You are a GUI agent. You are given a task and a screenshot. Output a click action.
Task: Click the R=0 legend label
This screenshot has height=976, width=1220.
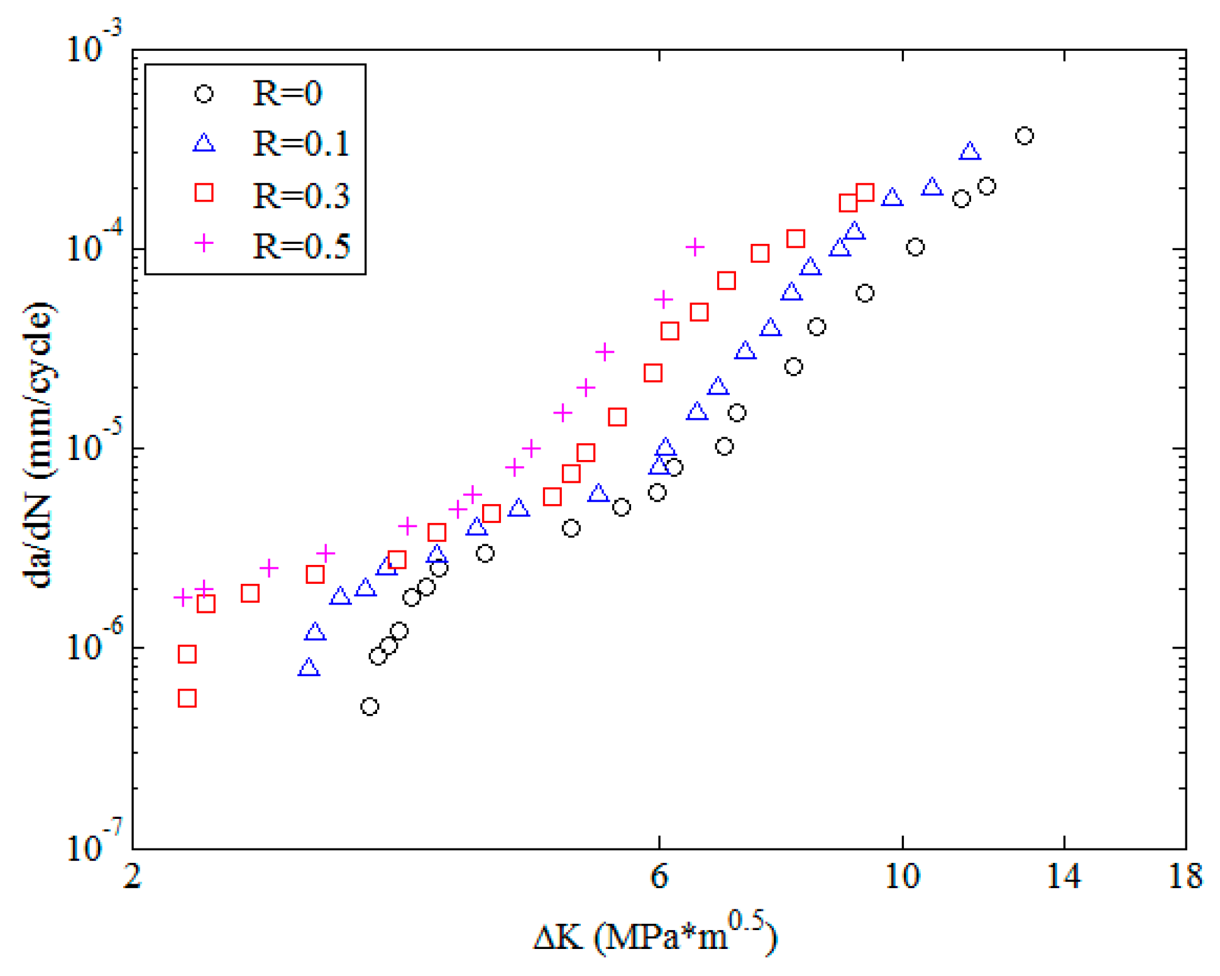pos(287,94)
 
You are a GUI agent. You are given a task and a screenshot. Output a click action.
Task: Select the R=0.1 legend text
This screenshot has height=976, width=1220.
pos(300,144)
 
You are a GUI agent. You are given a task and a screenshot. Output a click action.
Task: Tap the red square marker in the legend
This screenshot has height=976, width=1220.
pos(204,192)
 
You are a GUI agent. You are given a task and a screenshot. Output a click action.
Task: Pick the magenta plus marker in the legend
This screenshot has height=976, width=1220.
pos(204,243)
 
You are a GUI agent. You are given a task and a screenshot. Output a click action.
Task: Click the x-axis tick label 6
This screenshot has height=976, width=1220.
pos(658,876)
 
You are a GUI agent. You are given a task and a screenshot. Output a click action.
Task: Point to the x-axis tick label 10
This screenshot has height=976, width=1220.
pos(902,876)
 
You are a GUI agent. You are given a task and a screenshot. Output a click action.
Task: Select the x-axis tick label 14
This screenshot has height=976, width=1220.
pos(1063,876)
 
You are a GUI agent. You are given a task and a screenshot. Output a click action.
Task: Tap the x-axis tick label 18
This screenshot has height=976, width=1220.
pos(1185,876)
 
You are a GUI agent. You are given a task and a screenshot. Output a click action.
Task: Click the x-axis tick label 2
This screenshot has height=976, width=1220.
pos(132,876)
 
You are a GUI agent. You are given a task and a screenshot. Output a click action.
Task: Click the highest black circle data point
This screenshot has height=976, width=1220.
pos(1024,136)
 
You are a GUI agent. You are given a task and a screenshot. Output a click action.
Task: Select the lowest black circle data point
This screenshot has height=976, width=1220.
pos(370,706)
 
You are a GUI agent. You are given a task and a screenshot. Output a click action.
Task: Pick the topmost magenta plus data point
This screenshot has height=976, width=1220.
pos(695,247)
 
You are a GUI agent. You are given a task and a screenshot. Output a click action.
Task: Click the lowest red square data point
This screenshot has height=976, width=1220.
pos(187,698)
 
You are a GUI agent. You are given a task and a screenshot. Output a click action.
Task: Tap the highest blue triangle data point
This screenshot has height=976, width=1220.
pos(970,151)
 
